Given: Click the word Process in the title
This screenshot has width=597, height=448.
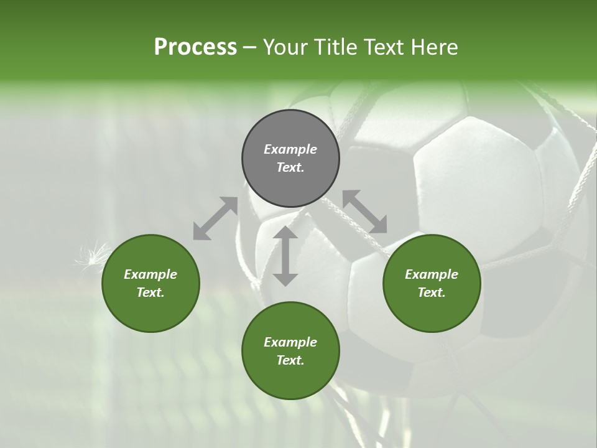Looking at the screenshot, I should [x=195, y=47].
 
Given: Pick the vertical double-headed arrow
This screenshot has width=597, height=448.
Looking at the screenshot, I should [x=285, y=256].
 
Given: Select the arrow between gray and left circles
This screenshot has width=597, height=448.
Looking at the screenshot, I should [x=216, y=218].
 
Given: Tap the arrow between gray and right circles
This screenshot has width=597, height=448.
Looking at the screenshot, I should [x=364, y=212].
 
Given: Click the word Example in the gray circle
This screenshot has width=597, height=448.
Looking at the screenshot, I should [x=290, y=149].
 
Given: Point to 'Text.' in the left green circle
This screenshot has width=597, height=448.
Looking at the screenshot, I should [x=150, y=292].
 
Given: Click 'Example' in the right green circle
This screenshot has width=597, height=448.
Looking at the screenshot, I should [x=432, y=274].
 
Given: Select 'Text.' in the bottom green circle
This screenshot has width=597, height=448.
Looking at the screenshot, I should [x=290, y=360].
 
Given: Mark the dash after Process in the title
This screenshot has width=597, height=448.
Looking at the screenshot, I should [x=250, y=47].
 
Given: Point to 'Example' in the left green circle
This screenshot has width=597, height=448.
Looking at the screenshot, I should [x=150, y=274].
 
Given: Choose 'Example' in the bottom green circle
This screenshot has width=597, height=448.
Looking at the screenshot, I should [x=290, y=342].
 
